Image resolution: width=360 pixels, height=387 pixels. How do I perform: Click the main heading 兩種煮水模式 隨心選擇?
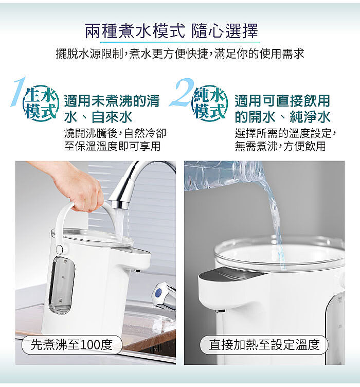click(x=171, y=31)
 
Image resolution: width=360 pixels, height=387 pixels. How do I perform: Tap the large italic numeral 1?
click(x=19, y=91)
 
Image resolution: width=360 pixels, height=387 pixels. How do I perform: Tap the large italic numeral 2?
click(x=182, y=92)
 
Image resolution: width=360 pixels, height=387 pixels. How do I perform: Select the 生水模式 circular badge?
click(x=41, y=103)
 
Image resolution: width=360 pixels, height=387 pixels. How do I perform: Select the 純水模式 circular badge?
click(x=210, y=103)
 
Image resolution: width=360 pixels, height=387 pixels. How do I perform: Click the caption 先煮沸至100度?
click(x=72, y=345)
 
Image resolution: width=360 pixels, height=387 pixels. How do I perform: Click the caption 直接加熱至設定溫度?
click(x=264, y=345)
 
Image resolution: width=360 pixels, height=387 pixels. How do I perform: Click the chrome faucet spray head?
click(x=121, y=192)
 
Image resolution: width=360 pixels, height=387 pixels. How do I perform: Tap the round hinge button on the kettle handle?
click(x=59, y=249)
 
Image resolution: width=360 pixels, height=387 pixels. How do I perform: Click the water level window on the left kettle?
click(x=61, y=285)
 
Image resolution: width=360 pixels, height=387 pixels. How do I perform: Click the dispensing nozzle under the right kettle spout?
click(x=220, y=311)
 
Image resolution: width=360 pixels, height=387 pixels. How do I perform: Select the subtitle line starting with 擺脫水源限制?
click(x=180, y=54)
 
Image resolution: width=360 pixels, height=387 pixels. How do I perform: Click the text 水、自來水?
click(x=98, y=117)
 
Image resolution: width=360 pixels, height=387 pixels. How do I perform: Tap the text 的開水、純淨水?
click(x=282, y=117)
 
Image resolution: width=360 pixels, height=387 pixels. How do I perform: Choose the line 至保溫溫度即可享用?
click(x=113, y=146)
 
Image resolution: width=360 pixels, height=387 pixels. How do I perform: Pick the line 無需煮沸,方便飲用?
click(x=280, y=146)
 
